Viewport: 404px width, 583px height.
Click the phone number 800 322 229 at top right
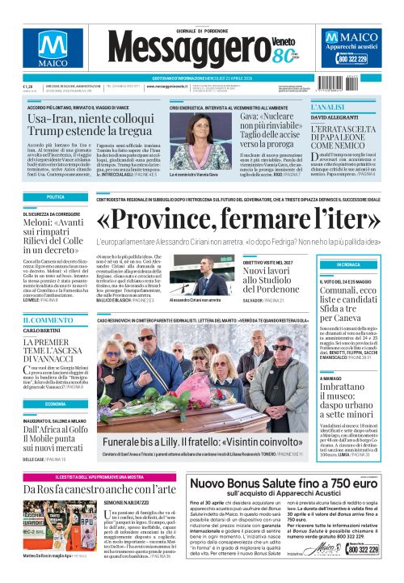pyautogui.click(x=352, y=59)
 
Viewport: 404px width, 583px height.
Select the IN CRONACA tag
pyautogui.click(x=348, y=264)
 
